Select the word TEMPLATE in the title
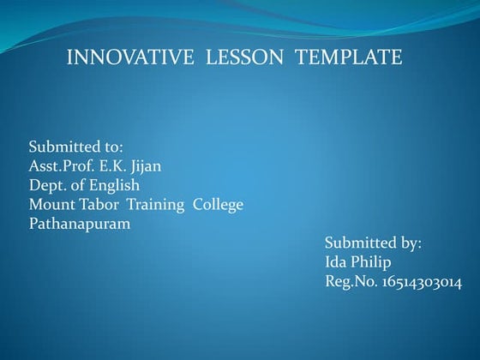pos(349,57)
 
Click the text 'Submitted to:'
pos(75,147)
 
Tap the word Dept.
pos(46,185)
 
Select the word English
pos(114,185)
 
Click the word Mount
pos(51,205)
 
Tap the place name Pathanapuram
pos(80,224)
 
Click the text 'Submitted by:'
pos(373,243)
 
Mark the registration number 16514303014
pos(423,282)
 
